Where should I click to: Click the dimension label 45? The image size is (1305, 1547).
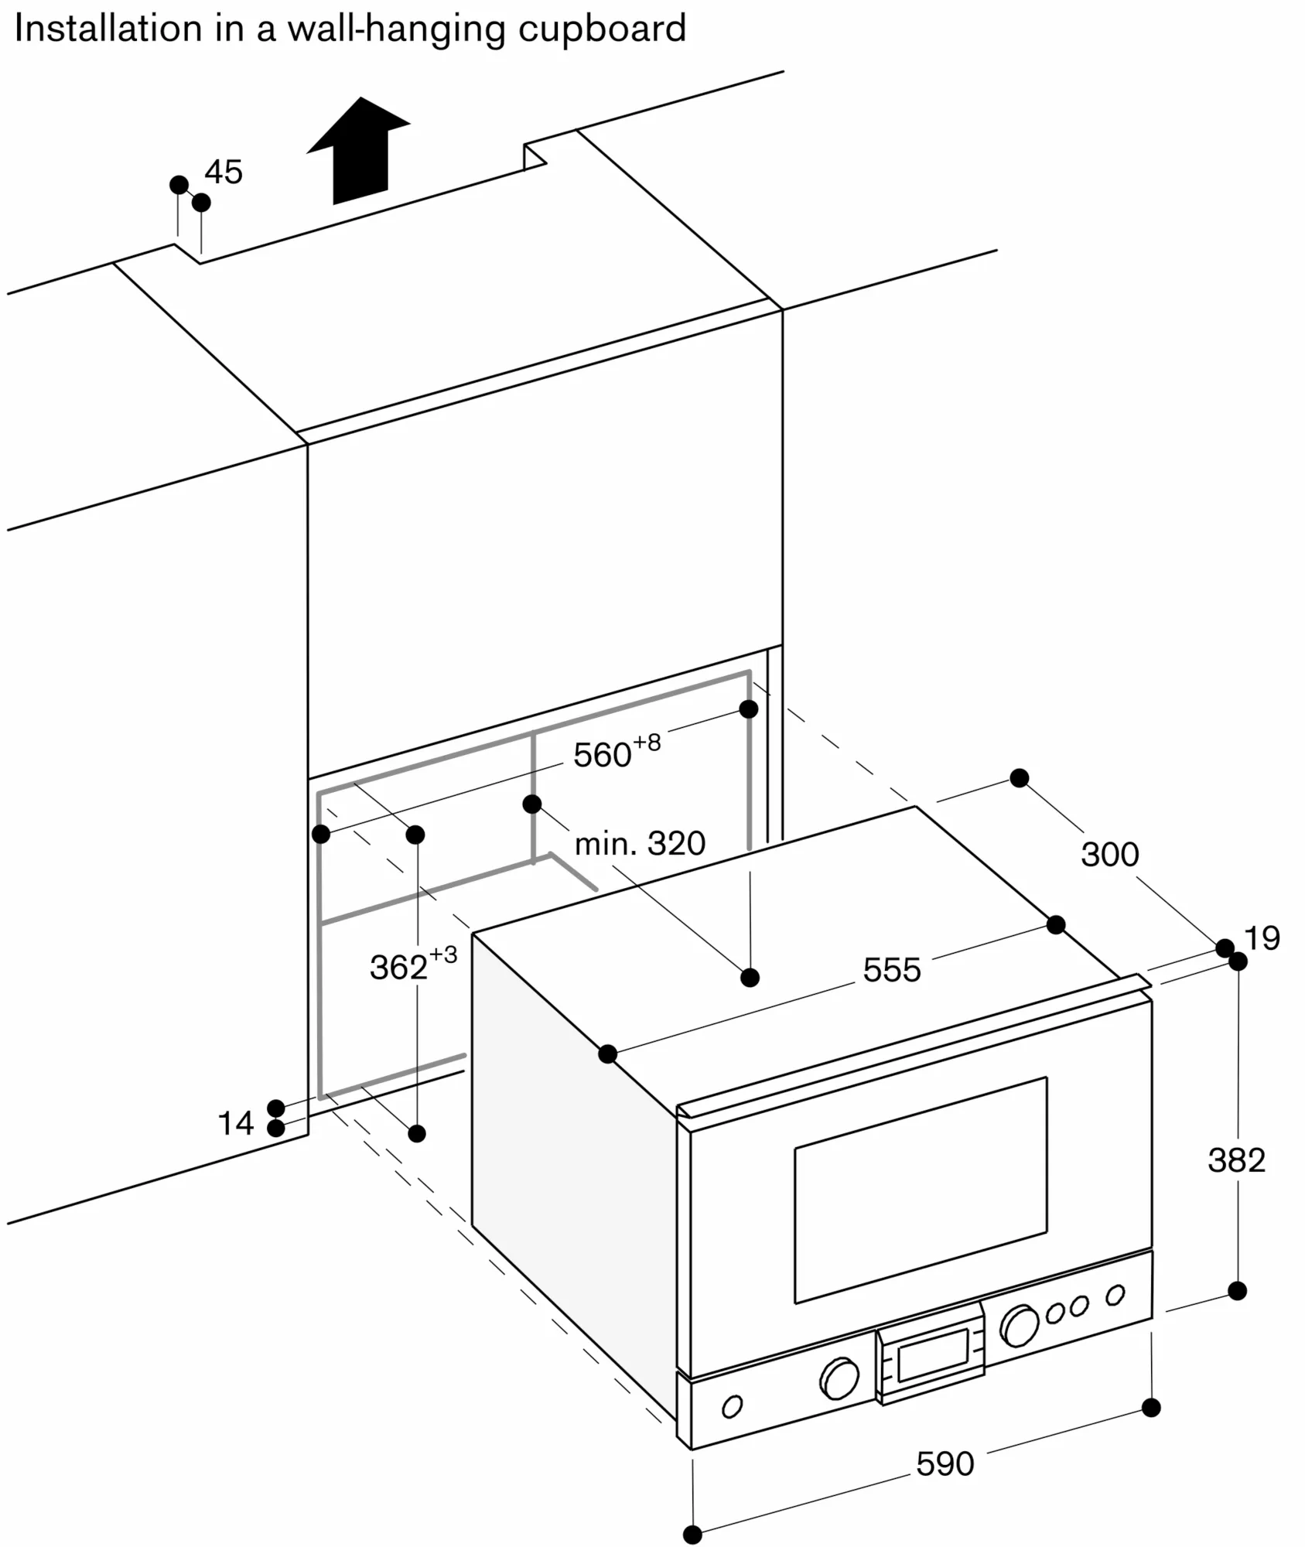pos(224,172)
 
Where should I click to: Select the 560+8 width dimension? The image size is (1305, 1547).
pos(617,753)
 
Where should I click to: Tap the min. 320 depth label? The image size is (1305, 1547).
pos(640,843)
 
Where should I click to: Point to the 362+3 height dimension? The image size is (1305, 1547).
pos(413,965)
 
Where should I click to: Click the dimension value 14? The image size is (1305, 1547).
pos(236,1123)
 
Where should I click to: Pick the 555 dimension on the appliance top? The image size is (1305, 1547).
pos(892,970)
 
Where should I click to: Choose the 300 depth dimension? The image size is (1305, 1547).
pos(1110,855)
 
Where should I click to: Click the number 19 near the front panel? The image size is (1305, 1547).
pos(1262,938)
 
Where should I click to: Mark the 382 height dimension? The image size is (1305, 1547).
pos(1237,1160)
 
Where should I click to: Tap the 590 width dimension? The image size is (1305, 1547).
pos(945,1464)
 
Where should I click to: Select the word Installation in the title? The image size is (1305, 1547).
pos(108,29)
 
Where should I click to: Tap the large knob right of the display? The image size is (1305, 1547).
pos(1020,1326)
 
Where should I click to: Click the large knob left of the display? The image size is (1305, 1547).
pos(839,1379)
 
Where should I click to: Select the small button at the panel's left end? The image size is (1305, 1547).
pos(732,1406)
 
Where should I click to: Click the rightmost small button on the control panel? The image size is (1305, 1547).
pos(1115,1295)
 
